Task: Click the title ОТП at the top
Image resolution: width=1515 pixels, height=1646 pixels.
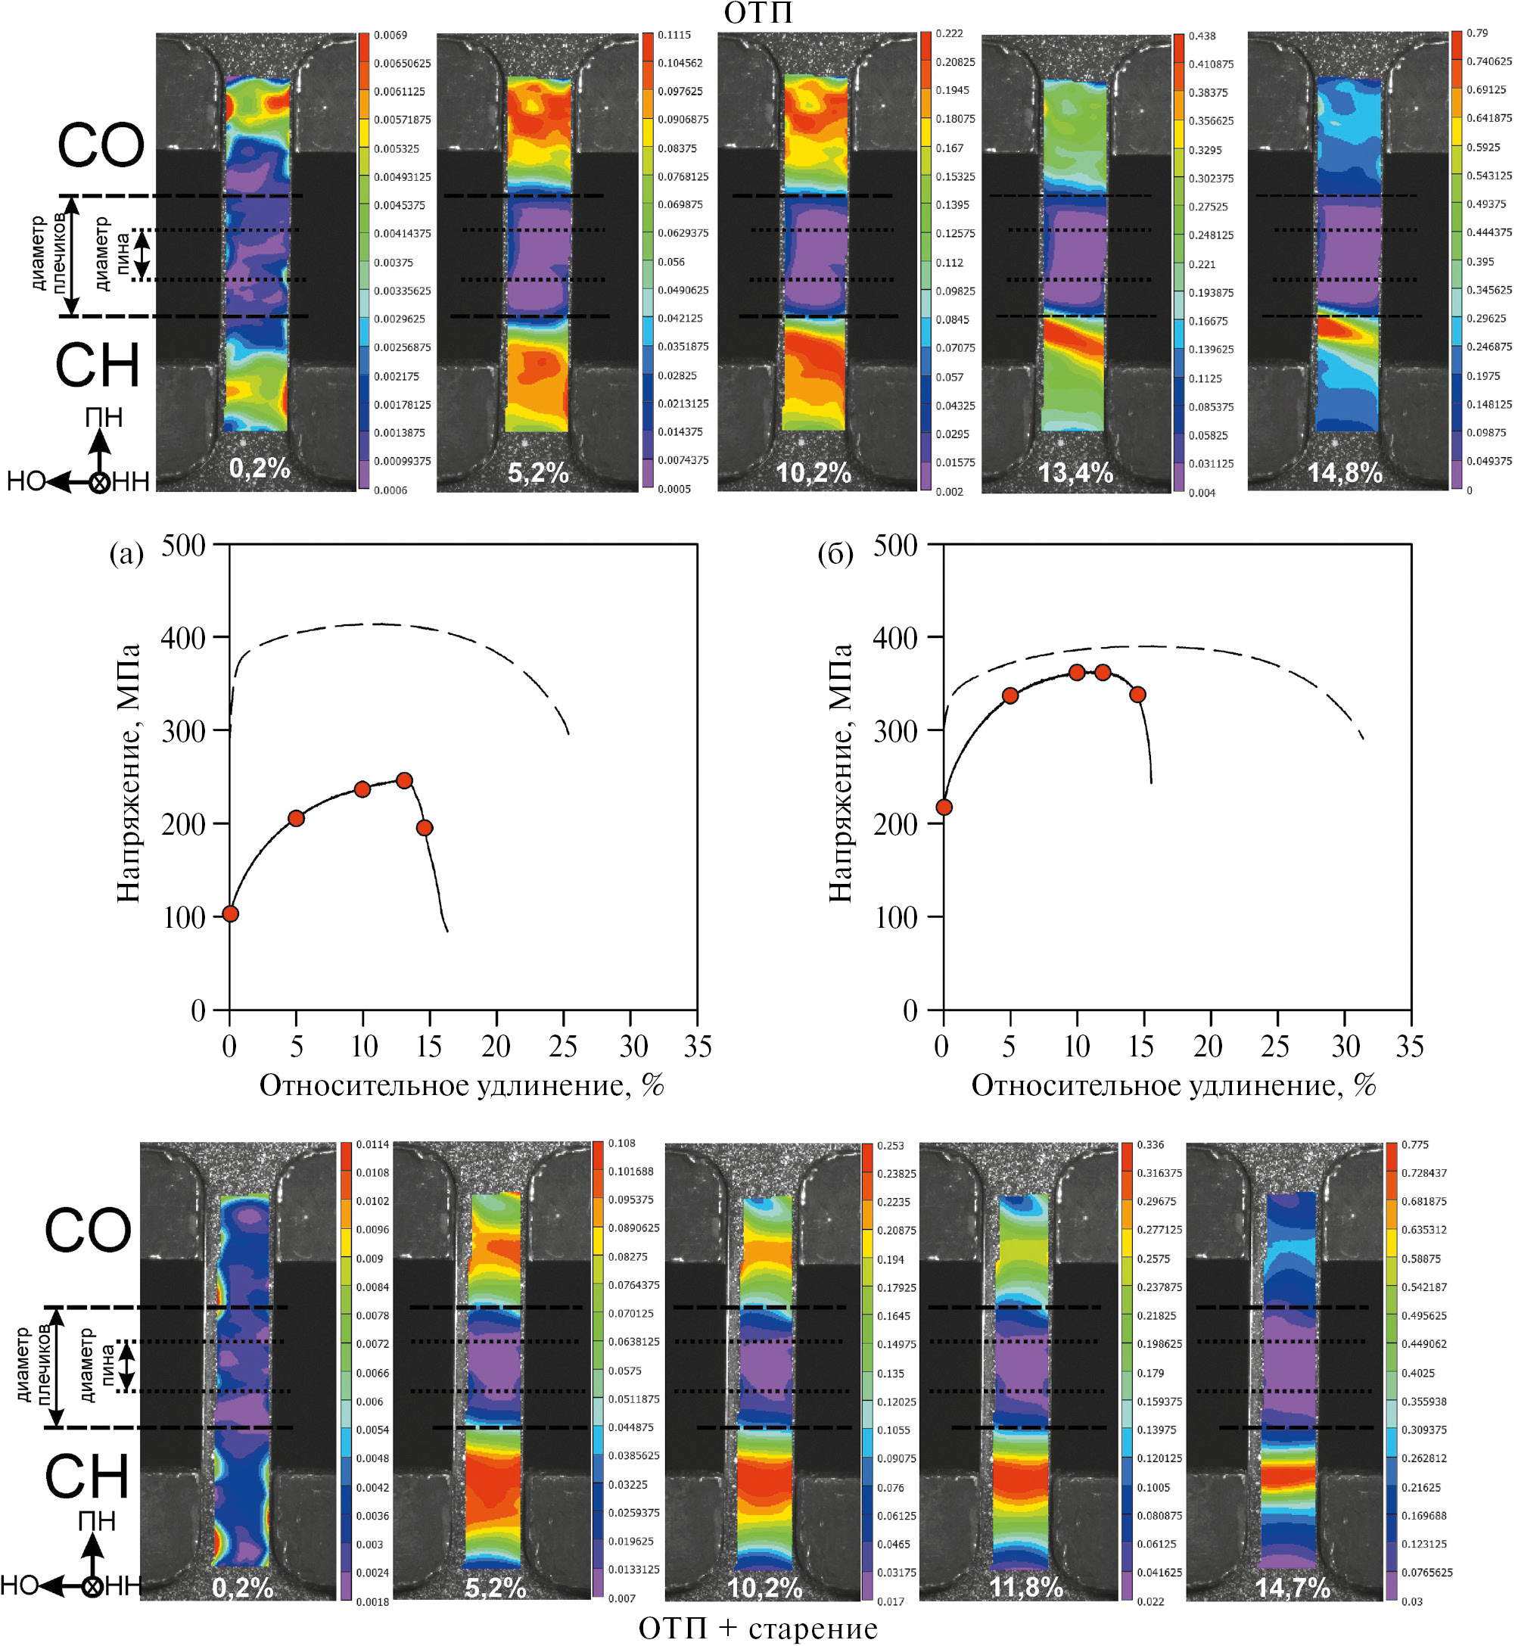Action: click(x=758, y=13)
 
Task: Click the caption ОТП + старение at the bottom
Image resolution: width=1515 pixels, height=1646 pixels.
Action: click(x=757, y=1628)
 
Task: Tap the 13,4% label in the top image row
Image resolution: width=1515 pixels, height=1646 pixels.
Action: click(x=1075, y=473)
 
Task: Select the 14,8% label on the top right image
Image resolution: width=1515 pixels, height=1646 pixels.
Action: click(x=1345, y=473)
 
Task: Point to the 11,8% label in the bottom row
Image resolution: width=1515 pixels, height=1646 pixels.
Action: click(x=1025, y=1588)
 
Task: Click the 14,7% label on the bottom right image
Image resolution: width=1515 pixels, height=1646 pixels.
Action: click(x=1292, y=1588)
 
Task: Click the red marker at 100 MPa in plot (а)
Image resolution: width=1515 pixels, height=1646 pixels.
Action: click(x=230, y=914)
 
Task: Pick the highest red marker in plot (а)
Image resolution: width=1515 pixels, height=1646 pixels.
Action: click(x=404, y=780)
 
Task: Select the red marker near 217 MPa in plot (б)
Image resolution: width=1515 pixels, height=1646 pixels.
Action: click(x=944, y=807)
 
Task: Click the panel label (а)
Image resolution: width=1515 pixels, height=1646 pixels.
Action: click(x=126, y=555)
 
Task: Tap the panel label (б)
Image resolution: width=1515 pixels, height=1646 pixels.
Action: click(x=835, y=555)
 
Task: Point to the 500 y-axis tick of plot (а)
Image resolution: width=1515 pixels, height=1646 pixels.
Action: click(x=183, y=545)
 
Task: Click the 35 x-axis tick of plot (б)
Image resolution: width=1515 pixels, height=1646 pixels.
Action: click(x=1409, y=1047)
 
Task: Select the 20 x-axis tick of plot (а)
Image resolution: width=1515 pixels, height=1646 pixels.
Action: click(x=496, y=1047)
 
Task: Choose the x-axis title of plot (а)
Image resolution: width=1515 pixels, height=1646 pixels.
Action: click(x=462, y=1085)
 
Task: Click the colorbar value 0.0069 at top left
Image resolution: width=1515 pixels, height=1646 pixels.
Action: click(x=390, y=36)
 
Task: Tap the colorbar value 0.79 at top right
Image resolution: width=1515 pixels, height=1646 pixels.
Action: click(x=1476, y=33)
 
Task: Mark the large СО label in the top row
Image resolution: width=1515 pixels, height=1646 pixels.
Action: click(x=100, y=146)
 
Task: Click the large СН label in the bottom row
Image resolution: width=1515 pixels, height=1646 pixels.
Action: click(x=87, y=1477)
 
